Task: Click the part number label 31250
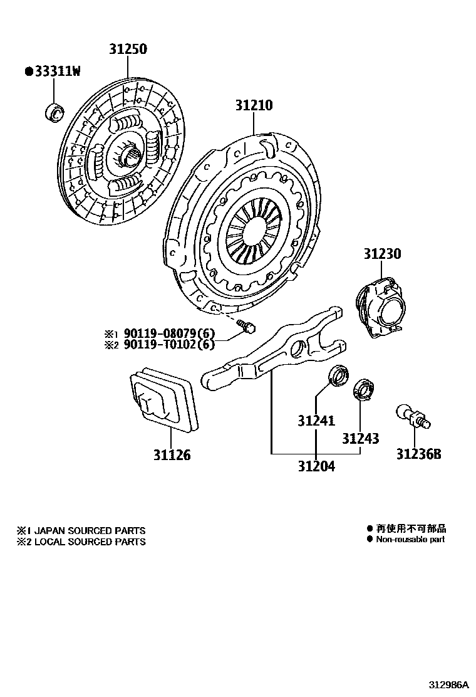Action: click(127, 48)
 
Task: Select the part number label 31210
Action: click(254, 105)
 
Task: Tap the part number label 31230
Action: click(382, 254)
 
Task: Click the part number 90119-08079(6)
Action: click(168, 333)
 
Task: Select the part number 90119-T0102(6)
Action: click(168, 344)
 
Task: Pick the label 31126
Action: click(172, 455)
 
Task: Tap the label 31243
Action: click(360, 439)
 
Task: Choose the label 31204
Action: click(316, 466)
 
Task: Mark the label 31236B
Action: click(418, 454)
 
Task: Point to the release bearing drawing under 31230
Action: click(381, 304)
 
